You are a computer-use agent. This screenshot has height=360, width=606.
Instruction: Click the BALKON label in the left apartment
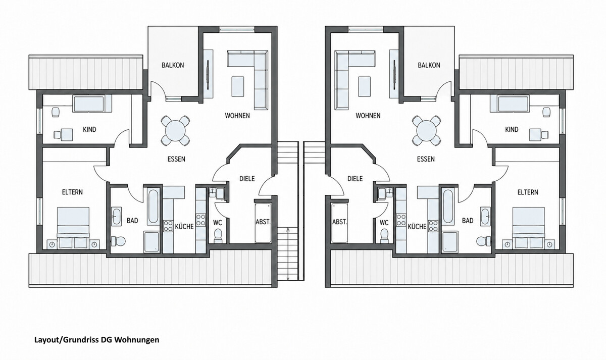pyautogui.click(x=173, y=65)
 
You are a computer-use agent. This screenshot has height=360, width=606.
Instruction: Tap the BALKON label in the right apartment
pyautogui.click(x=429, y=65)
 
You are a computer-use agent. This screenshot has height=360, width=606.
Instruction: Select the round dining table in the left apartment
pyautogui.click(x=176, y=131)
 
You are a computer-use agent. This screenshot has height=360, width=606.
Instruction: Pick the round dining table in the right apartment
pyautogui.click(x=426, y=131)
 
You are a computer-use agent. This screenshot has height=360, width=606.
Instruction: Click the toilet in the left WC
pyautogui.click(x=218, y=236)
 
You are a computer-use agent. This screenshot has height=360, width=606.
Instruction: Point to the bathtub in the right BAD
pyautogui.click(x=448, y=207)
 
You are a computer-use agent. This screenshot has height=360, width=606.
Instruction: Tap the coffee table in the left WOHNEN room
pyautogui.click(x=238, y=86)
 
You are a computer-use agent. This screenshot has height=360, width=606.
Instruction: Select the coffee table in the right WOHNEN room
pyautogui.click(x=365, y=86)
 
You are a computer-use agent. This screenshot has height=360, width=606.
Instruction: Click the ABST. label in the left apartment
pyautogui.click(x=263, y=222)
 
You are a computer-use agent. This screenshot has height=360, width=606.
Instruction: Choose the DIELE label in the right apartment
pyautogui.click(x=355, y=179)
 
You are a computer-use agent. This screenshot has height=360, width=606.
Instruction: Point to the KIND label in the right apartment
pyautogui.click(x=512, y=130)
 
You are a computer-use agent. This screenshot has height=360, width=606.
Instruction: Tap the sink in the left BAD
pyautogui.click(x=117, y=216)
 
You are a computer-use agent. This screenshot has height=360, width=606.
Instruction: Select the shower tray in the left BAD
pyautogui.click(x=152, y=242)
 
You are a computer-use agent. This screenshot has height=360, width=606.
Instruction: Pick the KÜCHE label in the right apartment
pyautogui.click(x=417, y=226)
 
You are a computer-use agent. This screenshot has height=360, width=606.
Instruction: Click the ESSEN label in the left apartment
pyautogui.click(x=176, y=159)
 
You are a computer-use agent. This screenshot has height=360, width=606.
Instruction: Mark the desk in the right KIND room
pyautogui.click(x=535, y=135)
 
